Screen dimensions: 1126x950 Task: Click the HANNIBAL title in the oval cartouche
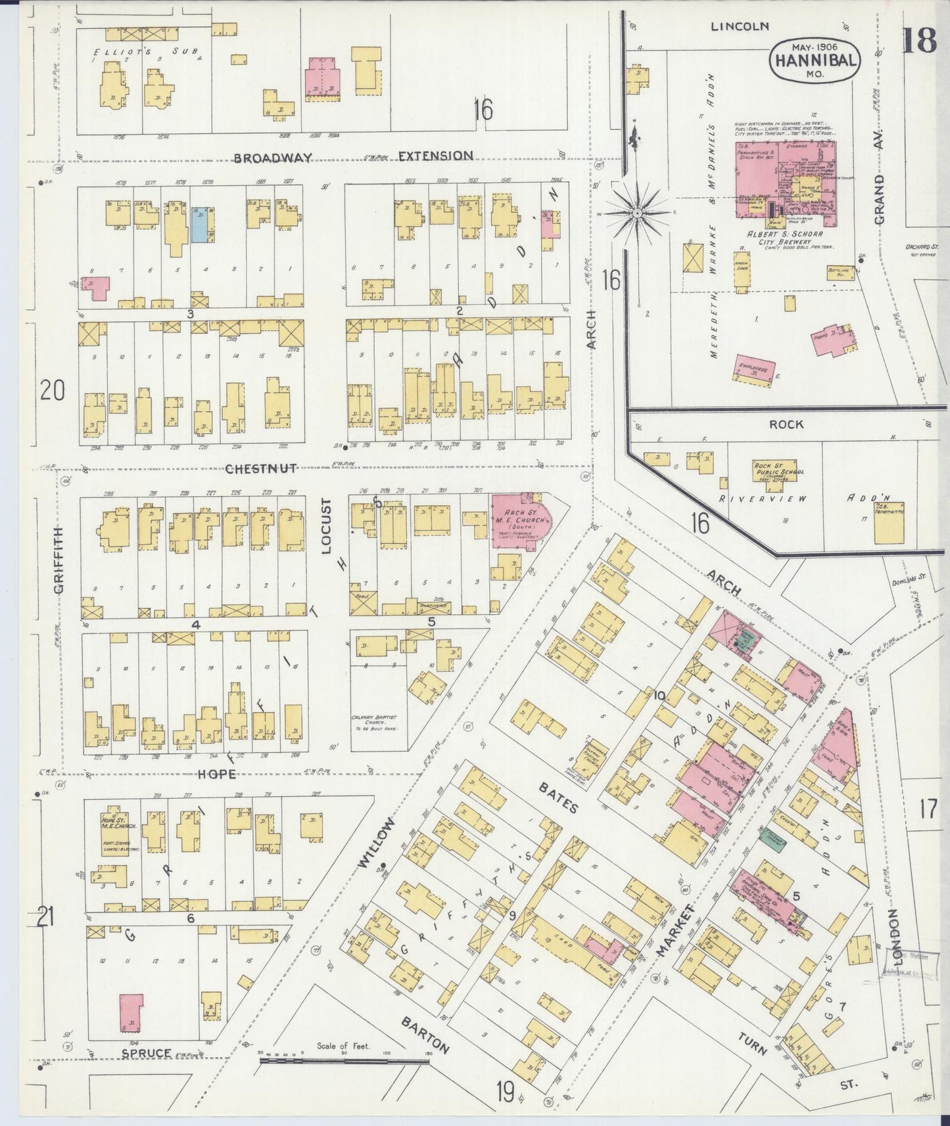click(x=814, y=60)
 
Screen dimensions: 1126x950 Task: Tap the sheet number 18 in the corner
click(x=918, y=41)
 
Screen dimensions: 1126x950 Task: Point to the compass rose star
click(x=636, y=212)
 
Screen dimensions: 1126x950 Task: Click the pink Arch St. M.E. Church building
click(x=517, y=521)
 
